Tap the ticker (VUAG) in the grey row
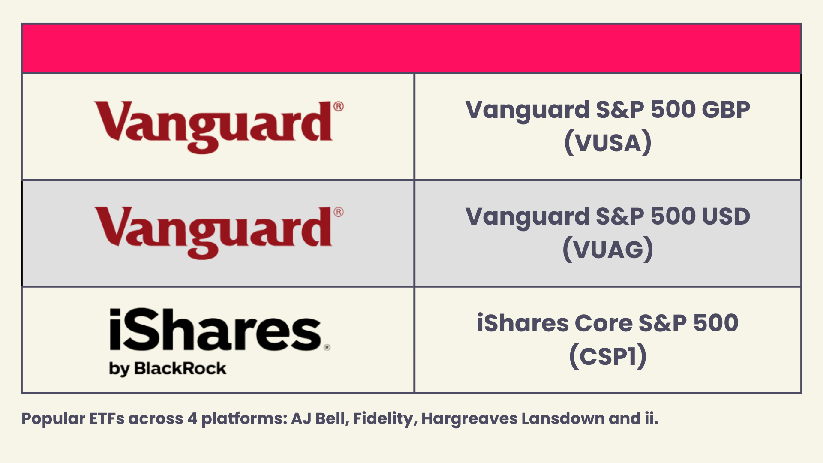tap(608, 250)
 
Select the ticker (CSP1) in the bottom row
tap(608, 356)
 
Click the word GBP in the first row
tap(726, 110)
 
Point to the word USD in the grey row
tap(726, 216)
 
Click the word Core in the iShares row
tap(603, 323)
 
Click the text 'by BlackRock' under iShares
tap(168, 369)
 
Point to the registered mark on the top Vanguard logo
tap(338, 106)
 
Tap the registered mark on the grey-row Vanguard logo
tap(338, 212)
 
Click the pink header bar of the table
tap(411, 48)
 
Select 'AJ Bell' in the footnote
tap(319, 419)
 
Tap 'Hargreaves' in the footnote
tap(469, 419)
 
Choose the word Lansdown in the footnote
tap(563, 419)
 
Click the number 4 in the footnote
tap(192, 419)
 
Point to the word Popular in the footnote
tap(54, 419)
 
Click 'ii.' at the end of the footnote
tap(651, 419)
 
